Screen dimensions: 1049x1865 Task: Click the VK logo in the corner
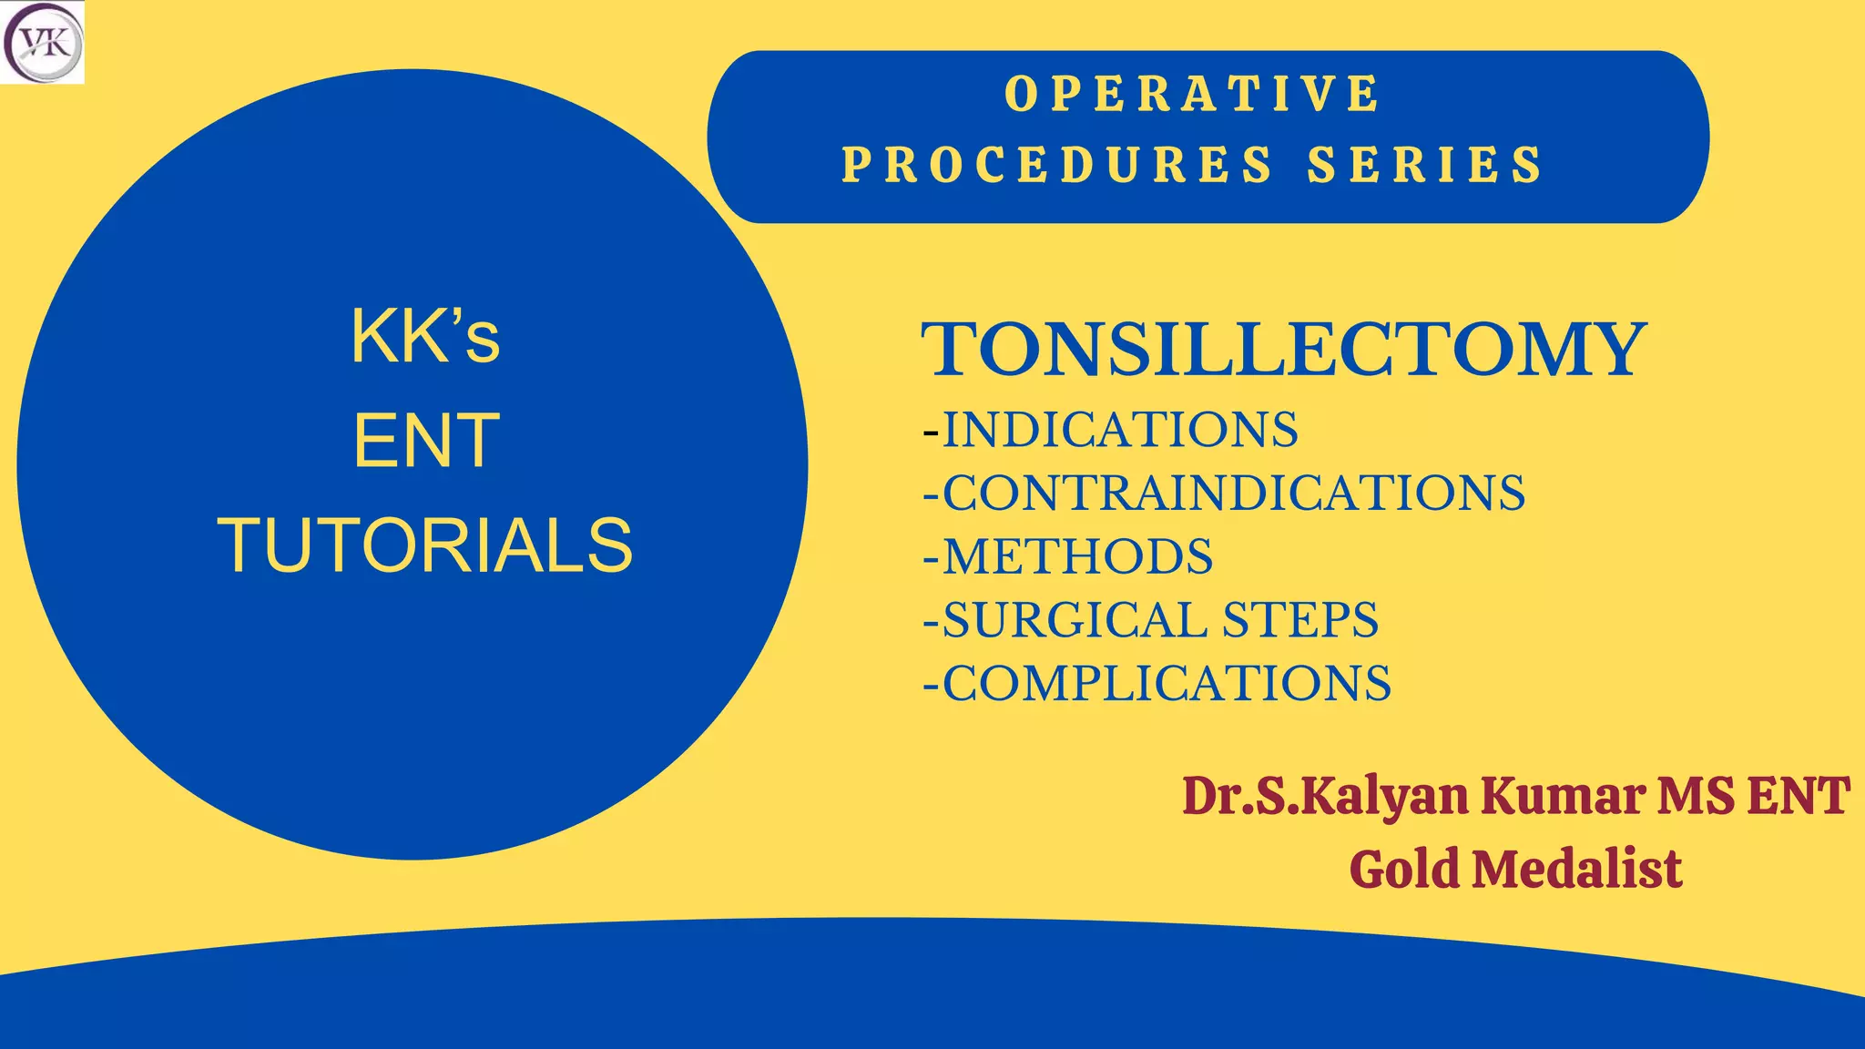42,43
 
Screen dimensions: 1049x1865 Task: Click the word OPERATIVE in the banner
1192,94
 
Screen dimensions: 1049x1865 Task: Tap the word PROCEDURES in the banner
1056,165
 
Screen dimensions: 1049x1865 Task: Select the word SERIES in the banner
1424,165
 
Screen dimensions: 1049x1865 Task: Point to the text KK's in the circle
425,337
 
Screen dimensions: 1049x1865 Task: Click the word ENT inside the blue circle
426,442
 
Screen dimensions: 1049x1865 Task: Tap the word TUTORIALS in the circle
424,545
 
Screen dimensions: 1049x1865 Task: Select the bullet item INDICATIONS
1119,430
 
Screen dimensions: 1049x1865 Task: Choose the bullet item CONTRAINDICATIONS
1233,493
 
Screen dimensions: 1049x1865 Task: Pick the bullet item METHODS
1077,556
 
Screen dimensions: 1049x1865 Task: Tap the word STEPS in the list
1300,620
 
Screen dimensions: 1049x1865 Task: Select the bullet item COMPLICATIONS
1166,683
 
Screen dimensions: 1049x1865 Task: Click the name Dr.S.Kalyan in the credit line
1325,796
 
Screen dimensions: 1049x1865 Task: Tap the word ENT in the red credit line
1798,796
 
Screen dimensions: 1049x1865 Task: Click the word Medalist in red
1576,869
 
